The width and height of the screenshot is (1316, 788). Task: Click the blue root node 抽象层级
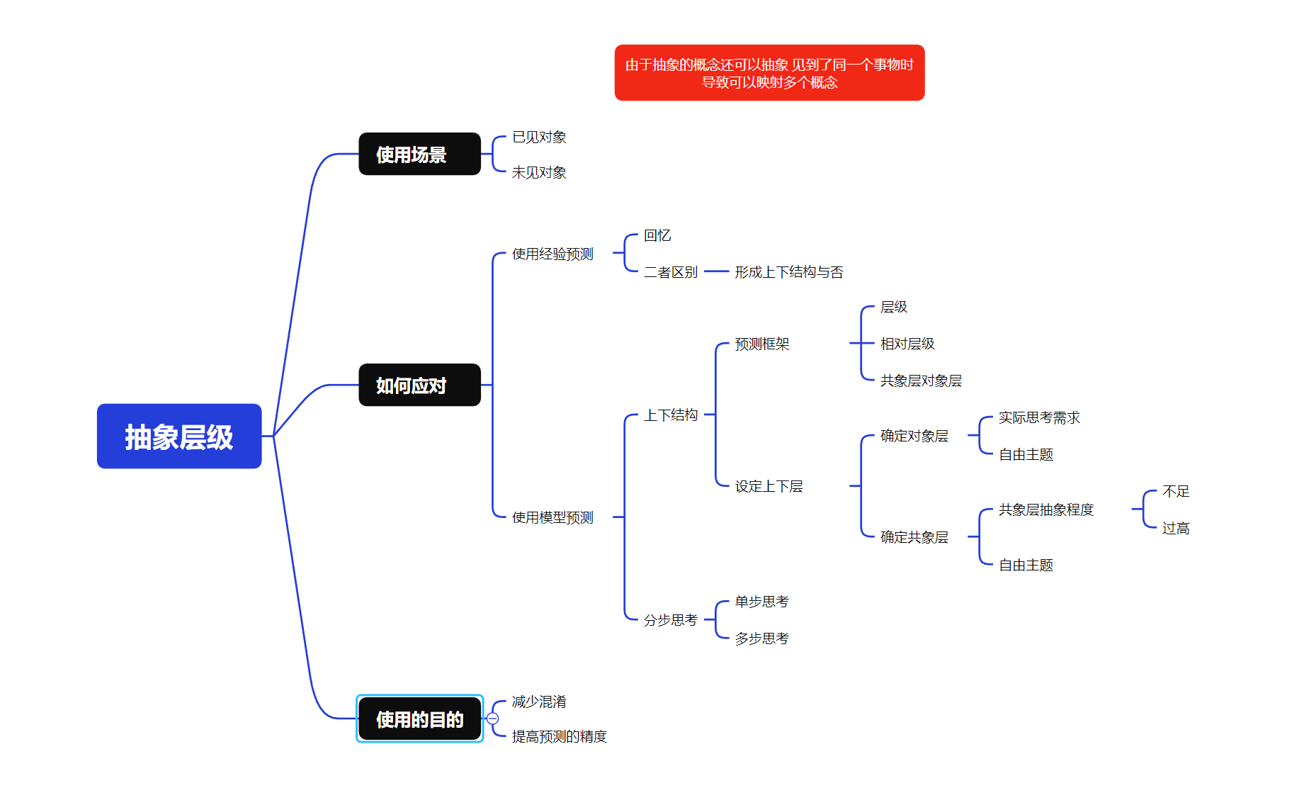click(x=179, y=437)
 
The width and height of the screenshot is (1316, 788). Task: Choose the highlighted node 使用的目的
click(x=419, y=719)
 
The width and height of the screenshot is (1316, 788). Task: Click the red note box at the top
click(x=769, y=73)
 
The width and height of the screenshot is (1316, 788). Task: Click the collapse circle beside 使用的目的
click(x=493, y=719)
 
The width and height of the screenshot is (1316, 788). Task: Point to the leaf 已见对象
click(x=539, y=137)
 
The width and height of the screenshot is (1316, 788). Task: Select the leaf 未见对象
click(x=539, y=172)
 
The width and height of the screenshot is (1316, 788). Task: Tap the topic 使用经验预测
click(x=552, y=254)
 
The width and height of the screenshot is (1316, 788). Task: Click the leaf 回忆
click(x=657, y=235)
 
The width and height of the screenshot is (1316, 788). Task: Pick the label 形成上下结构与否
click(x=788, y=272)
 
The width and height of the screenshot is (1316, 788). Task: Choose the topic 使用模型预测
click(x=552, y=517)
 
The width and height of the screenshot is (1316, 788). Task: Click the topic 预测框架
click(x=761, y=344)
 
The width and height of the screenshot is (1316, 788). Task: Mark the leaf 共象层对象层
click(x=921, y=381)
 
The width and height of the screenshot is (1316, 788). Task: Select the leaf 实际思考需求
click(x=1039, y=417)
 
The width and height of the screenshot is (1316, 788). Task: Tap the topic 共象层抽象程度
click(x=1046, y=510)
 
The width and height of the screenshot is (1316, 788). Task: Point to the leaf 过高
click(x=1176, y=528)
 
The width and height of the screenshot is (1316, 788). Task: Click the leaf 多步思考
click(x=761, y=638)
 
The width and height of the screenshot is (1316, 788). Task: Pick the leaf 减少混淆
click(x=539, y=702)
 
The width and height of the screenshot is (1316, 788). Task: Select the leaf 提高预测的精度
click(x=559, y=736)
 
